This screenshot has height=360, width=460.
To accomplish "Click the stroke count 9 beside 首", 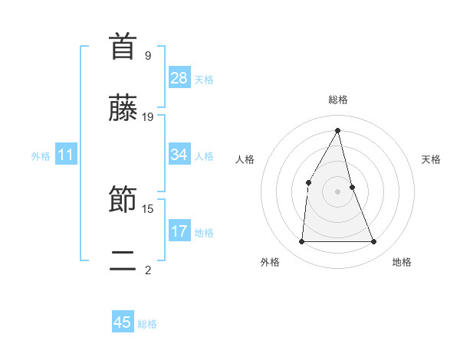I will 148,55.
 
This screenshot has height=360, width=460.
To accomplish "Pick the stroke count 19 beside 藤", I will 148,117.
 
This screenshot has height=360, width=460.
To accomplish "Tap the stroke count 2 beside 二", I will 148,269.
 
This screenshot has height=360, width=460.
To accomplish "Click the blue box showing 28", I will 179,78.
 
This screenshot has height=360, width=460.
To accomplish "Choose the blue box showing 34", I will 179,155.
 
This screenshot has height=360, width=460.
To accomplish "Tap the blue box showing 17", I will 179,231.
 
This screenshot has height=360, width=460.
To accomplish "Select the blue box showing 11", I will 66,155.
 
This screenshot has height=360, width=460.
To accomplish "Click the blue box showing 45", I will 123,322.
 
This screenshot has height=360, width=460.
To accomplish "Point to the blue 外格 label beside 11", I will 41,156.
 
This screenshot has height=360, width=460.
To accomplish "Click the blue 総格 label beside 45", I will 147,324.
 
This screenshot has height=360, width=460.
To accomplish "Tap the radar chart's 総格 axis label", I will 337,100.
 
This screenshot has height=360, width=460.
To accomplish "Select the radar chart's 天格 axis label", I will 431,159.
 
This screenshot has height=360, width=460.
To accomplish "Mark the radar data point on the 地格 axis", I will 374,242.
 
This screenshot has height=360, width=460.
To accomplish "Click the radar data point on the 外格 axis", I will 301,242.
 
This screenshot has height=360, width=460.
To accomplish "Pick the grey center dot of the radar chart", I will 337,191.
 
